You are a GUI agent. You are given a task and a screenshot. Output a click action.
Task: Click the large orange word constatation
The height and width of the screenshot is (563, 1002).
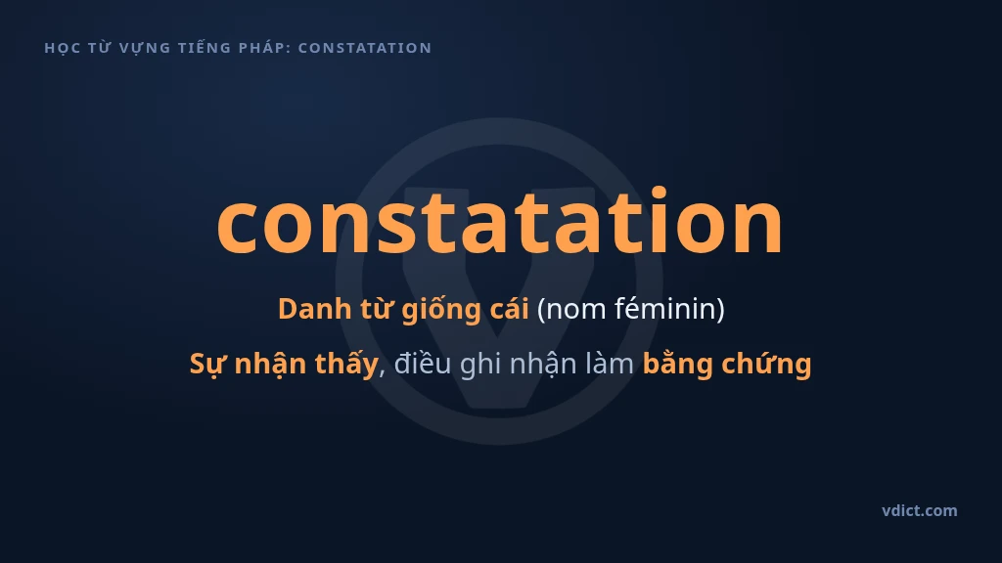click(500, 221)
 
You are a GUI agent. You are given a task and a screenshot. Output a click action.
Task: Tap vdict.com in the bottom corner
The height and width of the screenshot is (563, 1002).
click(919, 510)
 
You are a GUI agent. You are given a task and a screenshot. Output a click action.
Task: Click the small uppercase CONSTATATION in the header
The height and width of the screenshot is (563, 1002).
click(365, 48)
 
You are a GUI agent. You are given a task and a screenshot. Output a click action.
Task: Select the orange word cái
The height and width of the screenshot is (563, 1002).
click(509, 309)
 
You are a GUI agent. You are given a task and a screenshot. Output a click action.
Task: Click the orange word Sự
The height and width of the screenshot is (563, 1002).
click(207, 365)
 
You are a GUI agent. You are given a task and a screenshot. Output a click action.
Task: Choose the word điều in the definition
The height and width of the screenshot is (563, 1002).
click(423, 364)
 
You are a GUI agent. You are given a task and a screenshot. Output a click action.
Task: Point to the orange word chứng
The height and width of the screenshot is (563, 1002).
click(766, 365)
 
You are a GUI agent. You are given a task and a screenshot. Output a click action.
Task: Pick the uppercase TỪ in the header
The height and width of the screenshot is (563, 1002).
click(100, 47)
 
